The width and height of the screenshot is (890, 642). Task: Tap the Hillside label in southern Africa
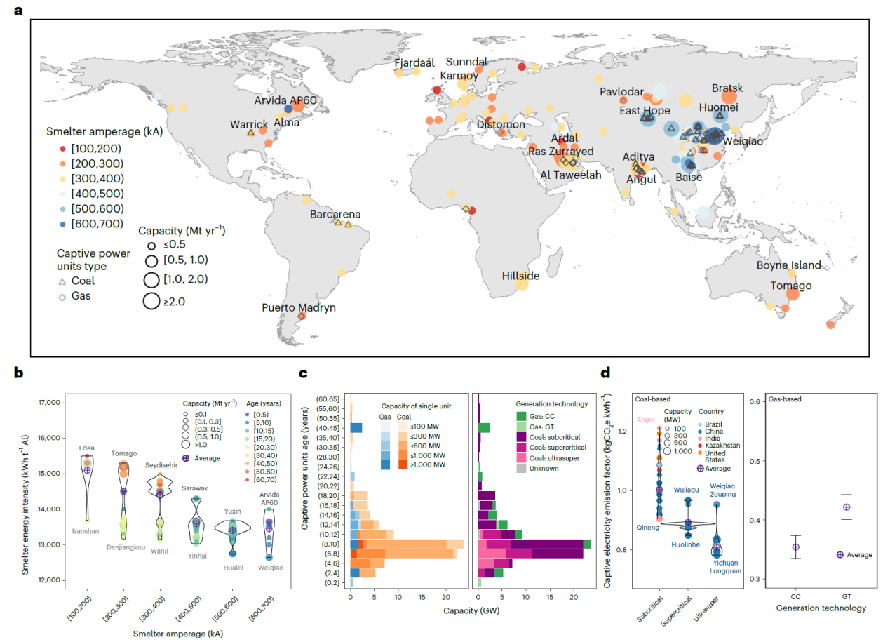(520, 276)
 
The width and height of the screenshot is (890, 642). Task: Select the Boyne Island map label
(788, 265)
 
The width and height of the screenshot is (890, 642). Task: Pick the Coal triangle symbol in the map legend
(62, 281)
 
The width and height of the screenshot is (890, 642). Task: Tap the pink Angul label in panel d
(646, 420)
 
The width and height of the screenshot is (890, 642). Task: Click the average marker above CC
(795, 547)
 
